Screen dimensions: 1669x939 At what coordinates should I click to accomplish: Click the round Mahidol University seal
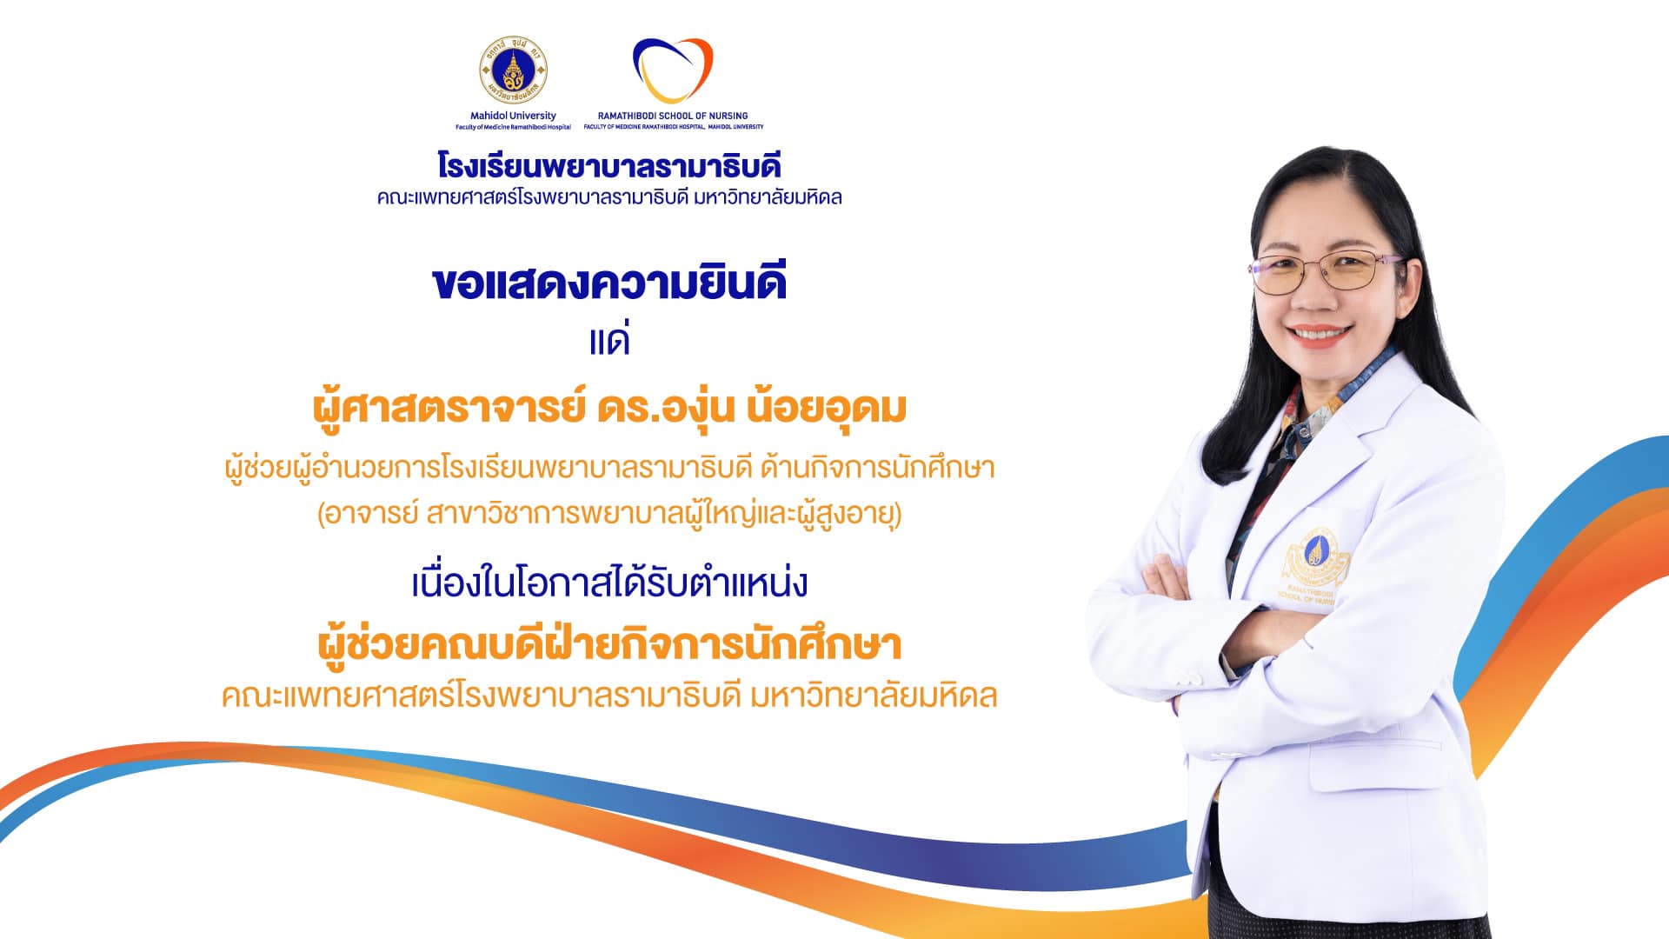pyautogui.click(x=513, y=71)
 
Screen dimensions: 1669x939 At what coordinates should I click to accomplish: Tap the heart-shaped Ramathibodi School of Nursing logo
pyautogui.click(x=673, y=70)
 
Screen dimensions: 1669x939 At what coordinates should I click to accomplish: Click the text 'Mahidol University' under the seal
pyautogui.click(x=513, y=116)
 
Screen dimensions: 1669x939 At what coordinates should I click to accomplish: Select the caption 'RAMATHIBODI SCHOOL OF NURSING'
pyautogui.click(x=673, y=116)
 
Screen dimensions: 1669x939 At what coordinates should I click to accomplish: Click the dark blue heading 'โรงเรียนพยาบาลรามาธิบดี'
pyautogui.click(x=609, y=165)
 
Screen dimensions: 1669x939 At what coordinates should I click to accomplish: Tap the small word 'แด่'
pyautogui.click(x=609, y=340)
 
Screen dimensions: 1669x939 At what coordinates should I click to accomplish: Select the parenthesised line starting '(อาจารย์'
pyautogui.click(x=609, y=515)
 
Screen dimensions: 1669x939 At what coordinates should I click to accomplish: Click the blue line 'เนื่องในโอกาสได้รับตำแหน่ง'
pyautogui.click(x=609, y=583)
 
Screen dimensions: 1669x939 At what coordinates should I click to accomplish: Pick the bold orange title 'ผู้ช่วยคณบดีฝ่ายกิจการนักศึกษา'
pyautogui.click(x=609, y=644)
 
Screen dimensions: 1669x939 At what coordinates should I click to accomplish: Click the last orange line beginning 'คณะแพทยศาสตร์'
pyautogui.click(x=609, y=696)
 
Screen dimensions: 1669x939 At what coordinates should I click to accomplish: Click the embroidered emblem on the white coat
pyautogui.click(x=1315, y=566)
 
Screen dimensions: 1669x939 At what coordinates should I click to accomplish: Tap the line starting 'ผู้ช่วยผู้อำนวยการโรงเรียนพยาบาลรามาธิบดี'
pyautogui.click(x=609, y=469)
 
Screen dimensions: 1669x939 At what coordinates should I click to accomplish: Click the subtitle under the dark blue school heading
pyautogui.click(x=609, y=198)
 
